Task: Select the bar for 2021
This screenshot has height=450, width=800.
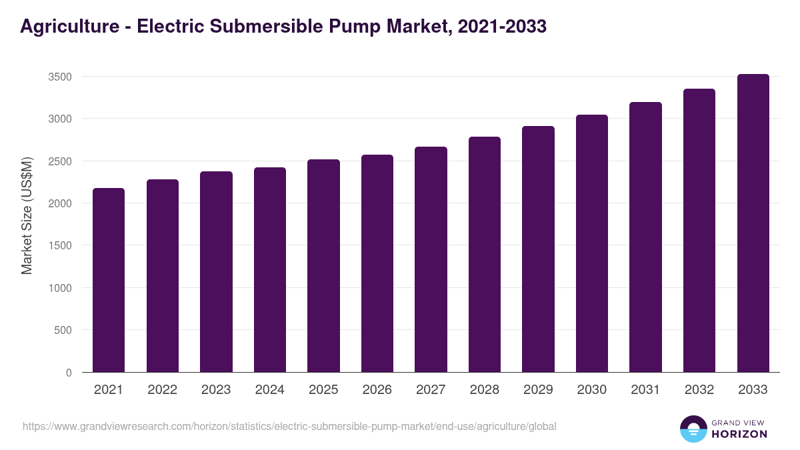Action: tap(109, 280)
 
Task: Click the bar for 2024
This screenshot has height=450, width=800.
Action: tap(270, 270)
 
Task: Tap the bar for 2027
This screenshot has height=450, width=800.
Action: tap(431, 259)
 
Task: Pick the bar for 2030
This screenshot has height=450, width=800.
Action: tap(592, 243)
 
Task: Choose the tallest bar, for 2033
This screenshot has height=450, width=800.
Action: tap(753, 223)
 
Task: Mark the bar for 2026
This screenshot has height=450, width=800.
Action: tap(377, 263)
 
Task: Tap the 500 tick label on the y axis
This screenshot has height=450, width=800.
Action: tap(63, 330)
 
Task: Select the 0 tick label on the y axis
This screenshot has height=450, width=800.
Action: tap(69, 373)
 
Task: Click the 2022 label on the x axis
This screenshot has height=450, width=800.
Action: tap(162, 390)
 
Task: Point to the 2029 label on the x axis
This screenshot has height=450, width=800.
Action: tap(538, 390)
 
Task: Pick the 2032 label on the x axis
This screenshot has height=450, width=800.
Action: tap(699, 390)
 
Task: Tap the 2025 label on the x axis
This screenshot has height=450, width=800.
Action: tap(323, 390)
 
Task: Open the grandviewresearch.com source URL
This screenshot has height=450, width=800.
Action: tap(289, 426)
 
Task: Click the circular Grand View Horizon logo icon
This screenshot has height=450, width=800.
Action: tap(693, 429)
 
